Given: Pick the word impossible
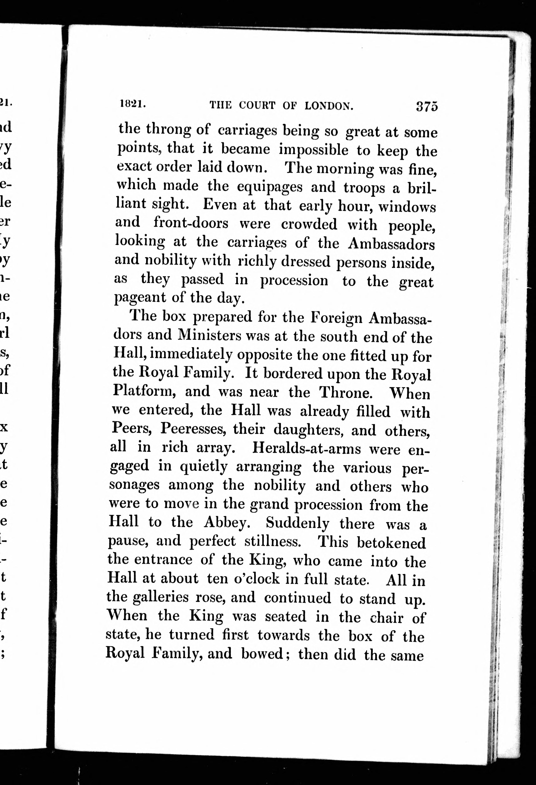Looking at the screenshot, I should pos(313,150).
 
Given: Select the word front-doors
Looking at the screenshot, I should pos(191,223).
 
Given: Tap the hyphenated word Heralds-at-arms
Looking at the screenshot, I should pos(307,449).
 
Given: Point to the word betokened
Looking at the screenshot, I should pos(391,543).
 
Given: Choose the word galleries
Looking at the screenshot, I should pos(160,597).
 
